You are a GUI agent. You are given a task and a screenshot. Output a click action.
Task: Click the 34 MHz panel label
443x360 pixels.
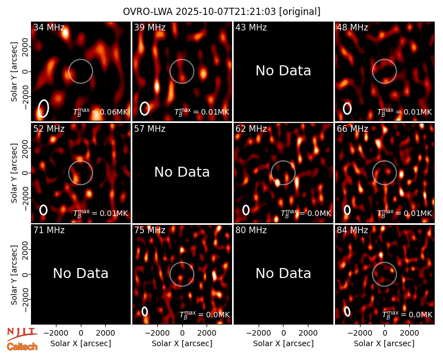point(49,27)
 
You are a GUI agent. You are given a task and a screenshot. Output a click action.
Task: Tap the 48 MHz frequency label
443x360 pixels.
point(352,27)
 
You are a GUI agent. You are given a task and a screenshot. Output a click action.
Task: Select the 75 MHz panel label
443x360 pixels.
point(150,230)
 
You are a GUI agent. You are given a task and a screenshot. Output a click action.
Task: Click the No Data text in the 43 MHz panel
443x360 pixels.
point(284,71)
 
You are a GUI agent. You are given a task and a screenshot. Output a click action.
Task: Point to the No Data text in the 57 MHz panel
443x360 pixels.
point(182,172)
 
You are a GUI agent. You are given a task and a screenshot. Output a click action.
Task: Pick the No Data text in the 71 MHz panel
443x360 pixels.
point(81,273)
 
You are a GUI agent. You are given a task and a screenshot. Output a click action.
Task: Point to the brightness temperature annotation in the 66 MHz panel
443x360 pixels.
point(405,213)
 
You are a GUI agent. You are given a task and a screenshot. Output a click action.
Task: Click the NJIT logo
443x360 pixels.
point(22,333)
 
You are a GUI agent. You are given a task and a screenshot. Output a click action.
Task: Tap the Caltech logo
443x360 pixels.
point(22,347)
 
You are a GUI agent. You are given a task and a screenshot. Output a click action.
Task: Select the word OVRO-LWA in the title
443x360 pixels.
point(148,12)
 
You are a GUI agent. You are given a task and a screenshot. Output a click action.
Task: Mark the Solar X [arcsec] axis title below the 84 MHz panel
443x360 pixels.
point(384,343)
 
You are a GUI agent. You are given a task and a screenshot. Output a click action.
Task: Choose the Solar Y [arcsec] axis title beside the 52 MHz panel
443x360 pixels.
point(14,173)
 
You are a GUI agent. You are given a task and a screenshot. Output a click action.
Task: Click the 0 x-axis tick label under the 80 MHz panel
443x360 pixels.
point(284,333)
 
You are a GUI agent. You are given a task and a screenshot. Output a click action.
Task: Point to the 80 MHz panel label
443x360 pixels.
point(251,230)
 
